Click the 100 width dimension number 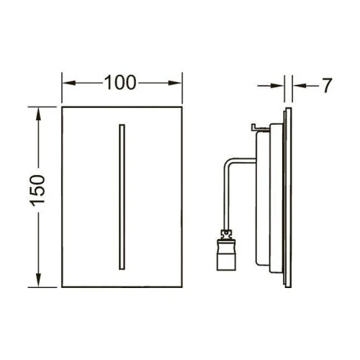pyautogui.click(x=120, y=83)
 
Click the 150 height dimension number pyautogui.click(x=37, y=191)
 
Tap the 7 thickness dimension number pyautogui.click(x=327, y=86)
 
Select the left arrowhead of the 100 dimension pyautogui.click(x=69, y=83)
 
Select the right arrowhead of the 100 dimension pyautogui.click(x=175, y=83)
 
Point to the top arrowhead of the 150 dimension pyautogui.click(x=38, y=114)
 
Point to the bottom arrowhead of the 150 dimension pyautogui.click(x=38, y=280)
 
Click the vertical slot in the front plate pyautogui.click(x=122, y=197)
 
